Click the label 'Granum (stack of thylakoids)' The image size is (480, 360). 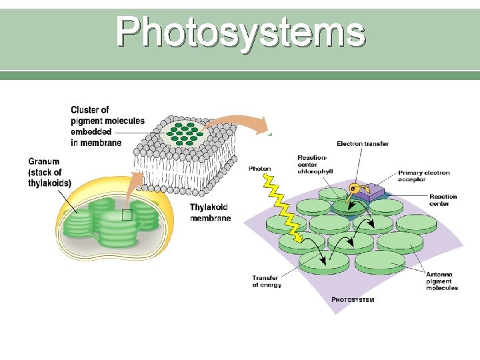[x=50, y=172]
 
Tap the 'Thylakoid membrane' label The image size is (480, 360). [x=210, y=213]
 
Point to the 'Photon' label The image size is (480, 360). [x=259, y=169]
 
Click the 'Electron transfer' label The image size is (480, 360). [x=363, y=143]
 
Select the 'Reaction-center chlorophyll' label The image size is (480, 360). [x=315, y=165]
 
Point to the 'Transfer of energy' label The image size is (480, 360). [x=267, y=281]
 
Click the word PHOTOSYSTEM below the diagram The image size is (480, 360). [x=353, y=300]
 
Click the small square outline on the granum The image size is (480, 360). [x=127, y=215]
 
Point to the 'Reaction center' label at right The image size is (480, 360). [x=443, y=200]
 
